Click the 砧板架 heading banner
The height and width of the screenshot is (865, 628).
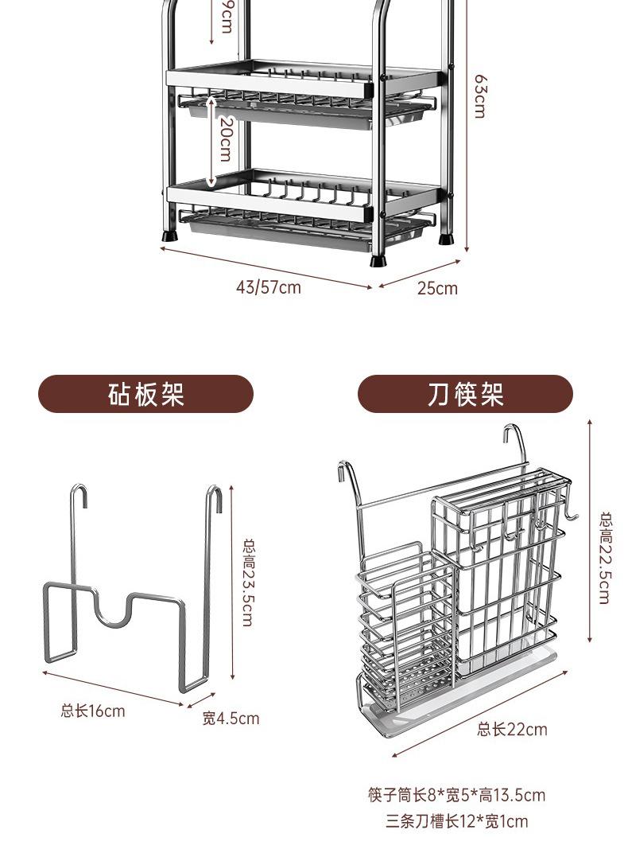tap(145, 394)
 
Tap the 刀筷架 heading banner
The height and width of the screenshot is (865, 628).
tap(465, 394)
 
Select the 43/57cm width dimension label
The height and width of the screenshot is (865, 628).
tap(268, 287)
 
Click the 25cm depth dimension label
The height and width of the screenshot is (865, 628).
tap(437, 288)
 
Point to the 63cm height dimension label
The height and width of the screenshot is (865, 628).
tap(479, 96)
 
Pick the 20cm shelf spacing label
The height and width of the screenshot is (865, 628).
tap(225, 141)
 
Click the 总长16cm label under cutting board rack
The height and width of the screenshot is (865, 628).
tap(93, 711)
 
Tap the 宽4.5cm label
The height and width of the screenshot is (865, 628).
tap(231, 719)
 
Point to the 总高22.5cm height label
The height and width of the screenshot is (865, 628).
tap(605, 557)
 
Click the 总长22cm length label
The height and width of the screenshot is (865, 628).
tap(512, 729)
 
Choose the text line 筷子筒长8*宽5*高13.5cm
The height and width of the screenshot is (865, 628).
tap(456, 795)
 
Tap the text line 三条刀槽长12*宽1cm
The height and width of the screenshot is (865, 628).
tap(456, 821)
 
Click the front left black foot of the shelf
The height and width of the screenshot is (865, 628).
tap(169, 235)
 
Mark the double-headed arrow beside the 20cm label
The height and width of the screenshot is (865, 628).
tap(211, 141)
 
